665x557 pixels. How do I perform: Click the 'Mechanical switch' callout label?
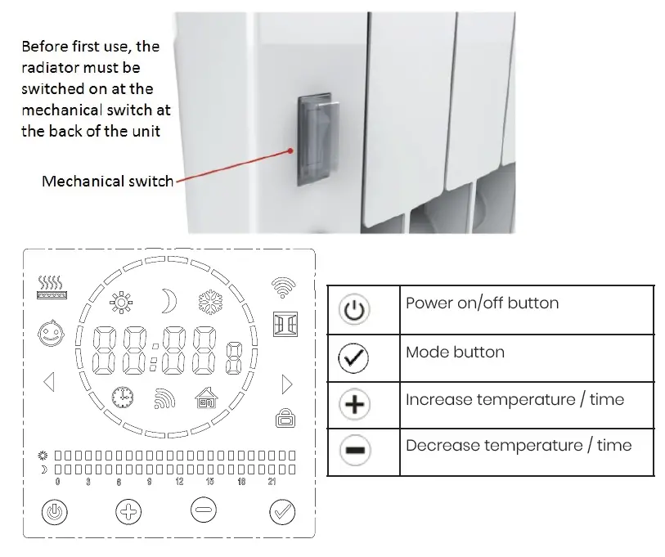pos(107,181)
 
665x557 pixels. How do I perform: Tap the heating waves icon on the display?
pos(51,286)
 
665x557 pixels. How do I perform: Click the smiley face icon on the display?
pos(51,333)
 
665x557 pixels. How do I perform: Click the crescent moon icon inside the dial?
pos(168,300)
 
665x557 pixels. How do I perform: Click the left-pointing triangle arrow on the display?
pos(48,382)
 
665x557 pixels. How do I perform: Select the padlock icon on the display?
pos(284,419)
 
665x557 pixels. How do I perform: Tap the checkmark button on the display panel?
pos(282,513)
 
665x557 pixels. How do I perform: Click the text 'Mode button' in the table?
pos(455,353)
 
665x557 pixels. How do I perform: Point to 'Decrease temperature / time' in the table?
pos(519,446)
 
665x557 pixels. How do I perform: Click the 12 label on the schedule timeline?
pos(179,483)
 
